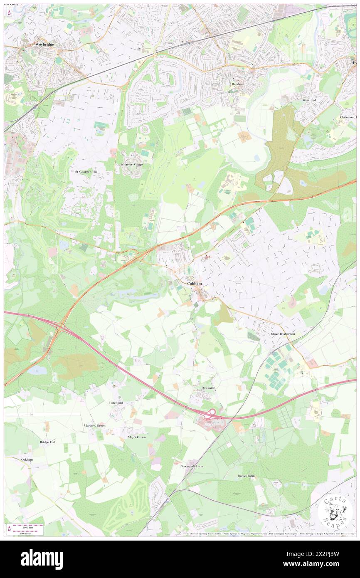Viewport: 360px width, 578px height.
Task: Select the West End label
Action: coord(309,100)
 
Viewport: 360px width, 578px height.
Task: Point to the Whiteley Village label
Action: coord(132,165)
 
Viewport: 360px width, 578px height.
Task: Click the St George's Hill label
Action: coord(86,171)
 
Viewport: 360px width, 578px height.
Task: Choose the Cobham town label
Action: coord(195,284)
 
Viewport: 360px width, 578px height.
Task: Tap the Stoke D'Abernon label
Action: coord(283,334)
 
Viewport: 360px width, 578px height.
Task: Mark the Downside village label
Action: coord(208,388)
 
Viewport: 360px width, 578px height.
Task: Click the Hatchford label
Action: coord(116,403)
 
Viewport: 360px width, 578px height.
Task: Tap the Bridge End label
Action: coord(47,442)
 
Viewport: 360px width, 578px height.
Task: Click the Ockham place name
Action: coord(27,459)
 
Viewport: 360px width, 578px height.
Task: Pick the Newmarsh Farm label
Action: coord(192,466)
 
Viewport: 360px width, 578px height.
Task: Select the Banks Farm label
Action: coord(247,476)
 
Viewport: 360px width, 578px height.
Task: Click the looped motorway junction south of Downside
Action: coord(211,413)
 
